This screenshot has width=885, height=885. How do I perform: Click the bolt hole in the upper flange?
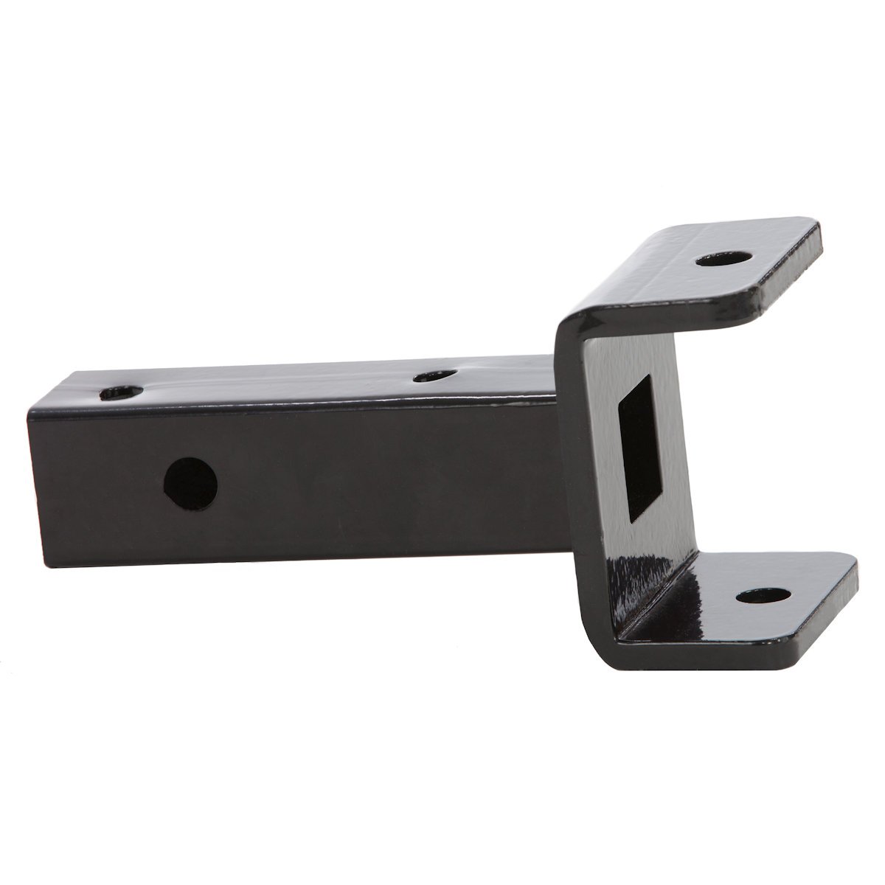(x=724, y=260)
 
